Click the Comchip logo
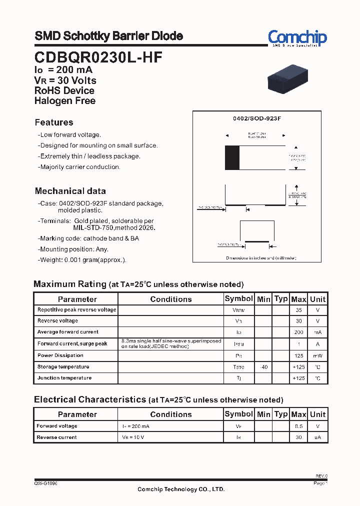click(x=297, y=37)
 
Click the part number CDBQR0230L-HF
click(x=98, y=57)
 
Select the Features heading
click(x=54, y=122)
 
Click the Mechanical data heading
click(x=70, y=191)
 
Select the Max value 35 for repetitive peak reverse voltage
click(x=298, y=310)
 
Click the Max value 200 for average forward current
click(x=298, y=332)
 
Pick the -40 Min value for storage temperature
click(x=263, y=367)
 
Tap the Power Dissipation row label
click(x=60, y=355)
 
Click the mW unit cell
click(x=317, y=355)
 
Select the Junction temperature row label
click(x=64, y=378)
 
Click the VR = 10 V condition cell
click(x=134, y=437)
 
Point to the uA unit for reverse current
click(x=317, y=437)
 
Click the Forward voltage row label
click(x=57, y=426)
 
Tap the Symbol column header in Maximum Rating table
click(x=238, y=298)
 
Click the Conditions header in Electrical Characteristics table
click(x=170, y=414)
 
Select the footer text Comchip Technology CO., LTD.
click(x=181, y=489)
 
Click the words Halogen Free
click(x=64, y=100)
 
